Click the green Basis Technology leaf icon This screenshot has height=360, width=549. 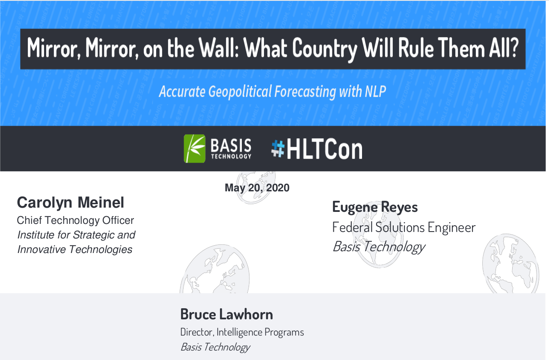(x=195, y=149)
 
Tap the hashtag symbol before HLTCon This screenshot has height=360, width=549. (x=278, y=149)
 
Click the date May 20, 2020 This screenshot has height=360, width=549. (x=257, y=188)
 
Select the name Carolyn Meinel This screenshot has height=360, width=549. (x=70, y=203)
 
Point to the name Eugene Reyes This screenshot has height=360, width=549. (x=375, y=207)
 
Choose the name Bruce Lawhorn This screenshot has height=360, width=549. (x=226, y=314)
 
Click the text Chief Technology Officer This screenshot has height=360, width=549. (x=75, y=220)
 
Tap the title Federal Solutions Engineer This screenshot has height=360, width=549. (x=404, y=227)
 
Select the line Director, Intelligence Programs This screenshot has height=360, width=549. (x=242, y=332)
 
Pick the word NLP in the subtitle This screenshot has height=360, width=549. (x=375, y=92)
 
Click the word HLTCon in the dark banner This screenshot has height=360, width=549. (x=324, y=149)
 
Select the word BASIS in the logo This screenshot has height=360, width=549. (x=231, y=145)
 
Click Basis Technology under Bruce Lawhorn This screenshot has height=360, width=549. (x=215, y=347)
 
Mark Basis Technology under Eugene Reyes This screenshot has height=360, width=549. (x=379, y=247)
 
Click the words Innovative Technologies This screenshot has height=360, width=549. (x=75, y=250)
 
